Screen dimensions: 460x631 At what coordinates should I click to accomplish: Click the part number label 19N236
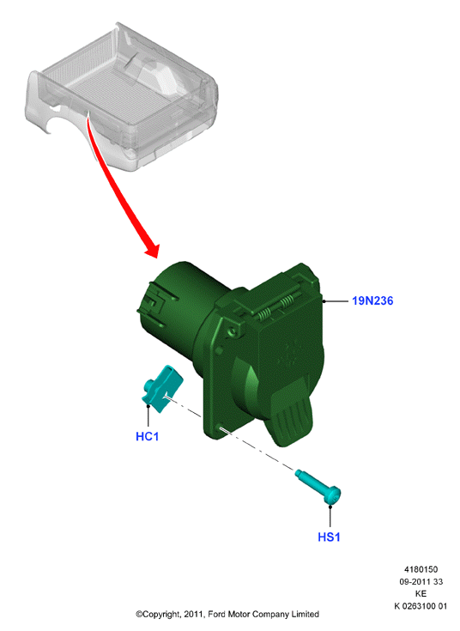coord(372,300)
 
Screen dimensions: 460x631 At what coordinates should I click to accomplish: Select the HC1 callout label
coord(148,436)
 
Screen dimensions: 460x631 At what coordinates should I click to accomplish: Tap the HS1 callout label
coord(329,537)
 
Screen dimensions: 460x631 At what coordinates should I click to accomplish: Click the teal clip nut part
coord(162,389)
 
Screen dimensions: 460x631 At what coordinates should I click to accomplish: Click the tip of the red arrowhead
coord(157,258)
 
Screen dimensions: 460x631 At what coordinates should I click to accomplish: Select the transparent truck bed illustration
coord(121,96)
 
